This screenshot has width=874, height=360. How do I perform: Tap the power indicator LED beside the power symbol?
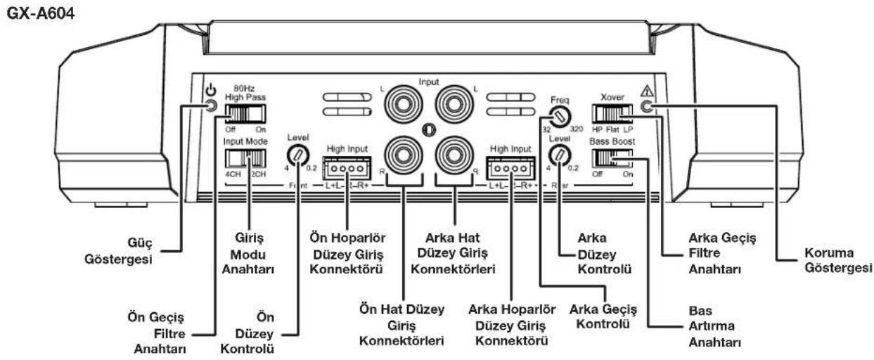tap(212, 106)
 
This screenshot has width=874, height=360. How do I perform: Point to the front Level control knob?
tap(297, 153)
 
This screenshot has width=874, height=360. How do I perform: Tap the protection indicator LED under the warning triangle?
tap(648, 106)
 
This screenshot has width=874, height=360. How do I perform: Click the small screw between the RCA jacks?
tap(428, 130)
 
